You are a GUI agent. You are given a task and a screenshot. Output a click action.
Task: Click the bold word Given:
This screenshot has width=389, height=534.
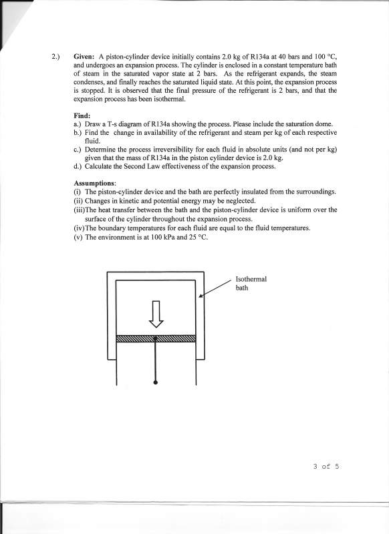tap(84, 57)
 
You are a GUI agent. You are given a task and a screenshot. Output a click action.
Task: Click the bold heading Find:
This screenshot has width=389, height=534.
tap(82, 115)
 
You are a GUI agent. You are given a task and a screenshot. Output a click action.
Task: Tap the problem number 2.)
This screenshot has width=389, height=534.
tap(55, 57)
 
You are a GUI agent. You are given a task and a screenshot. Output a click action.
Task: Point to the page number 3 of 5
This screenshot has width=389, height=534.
tap(326, 466)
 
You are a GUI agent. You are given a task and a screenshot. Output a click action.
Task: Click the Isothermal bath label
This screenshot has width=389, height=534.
tap(251, 283)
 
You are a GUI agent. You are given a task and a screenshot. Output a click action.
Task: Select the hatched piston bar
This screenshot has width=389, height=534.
tap(156, 338)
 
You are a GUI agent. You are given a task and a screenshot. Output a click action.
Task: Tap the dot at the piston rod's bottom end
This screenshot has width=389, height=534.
tap(156, 382)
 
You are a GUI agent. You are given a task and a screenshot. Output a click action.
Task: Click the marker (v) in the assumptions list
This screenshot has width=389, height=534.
tap(78, 238)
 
